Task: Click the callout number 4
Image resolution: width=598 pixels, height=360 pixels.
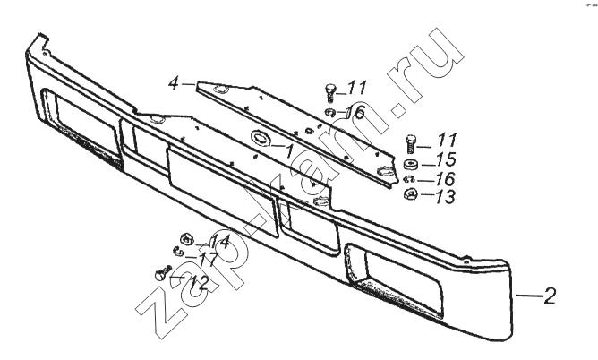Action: (174, 83)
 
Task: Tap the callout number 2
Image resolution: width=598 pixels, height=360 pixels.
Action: (550, 296)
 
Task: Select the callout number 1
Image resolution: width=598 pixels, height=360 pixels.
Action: (289, 151)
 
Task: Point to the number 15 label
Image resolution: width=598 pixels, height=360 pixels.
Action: (446, 159)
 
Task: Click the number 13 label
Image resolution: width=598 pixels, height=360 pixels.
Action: (446, 197)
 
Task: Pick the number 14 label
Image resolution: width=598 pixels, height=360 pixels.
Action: (220, 242)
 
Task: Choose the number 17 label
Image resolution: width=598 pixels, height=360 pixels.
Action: (209, 260)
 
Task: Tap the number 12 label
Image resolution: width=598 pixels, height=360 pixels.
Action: (199, 283)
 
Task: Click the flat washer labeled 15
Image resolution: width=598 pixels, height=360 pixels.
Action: (411, 165)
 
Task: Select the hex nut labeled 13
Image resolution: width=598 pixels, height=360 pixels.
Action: (410, 194)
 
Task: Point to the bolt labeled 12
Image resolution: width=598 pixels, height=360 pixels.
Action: (163, 273)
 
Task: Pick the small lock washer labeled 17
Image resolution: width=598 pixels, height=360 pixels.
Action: (178, 251)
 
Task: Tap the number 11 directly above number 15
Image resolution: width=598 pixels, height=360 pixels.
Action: (447, 140)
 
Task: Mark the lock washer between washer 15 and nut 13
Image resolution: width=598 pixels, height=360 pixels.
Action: (409, 179)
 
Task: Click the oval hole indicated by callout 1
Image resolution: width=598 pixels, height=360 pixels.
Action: (261, 138)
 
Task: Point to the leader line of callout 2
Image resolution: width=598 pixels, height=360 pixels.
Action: (529, 296)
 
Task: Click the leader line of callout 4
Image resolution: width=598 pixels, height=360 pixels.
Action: (188, 85)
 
